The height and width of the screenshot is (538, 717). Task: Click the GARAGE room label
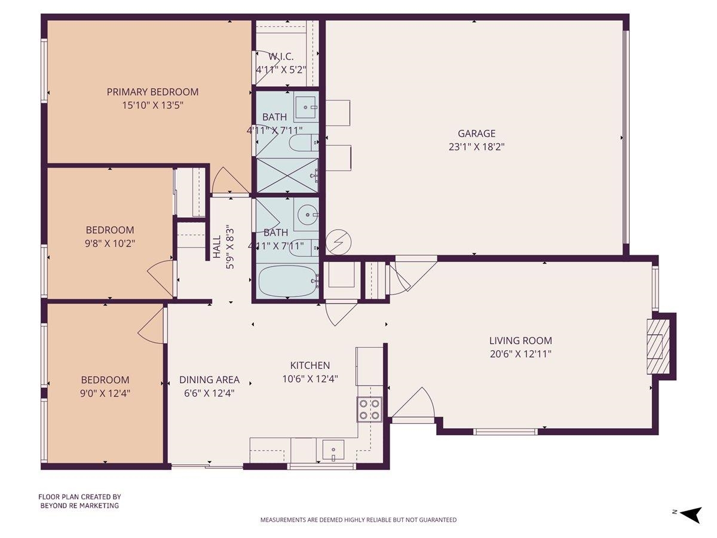pos(476,133)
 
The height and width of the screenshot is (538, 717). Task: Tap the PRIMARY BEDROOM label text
pos(152,92)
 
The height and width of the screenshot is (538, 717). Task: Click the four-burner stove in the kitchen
pos(369,409)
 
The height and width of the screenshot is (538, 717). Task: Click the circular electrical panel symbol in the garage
pos(339,242)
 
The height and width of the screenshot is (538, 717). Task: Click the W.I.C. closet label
pos(280,57)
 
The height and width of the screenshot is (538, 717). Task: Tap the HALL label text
pos(217,247)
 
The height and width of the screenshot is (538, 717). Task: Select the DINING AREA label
pos(209,380)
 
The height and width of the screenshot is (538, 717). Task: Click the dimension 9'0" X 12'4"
pos(106,393)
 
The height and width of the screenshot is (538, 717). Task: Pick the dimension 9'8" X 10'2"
pos(110,243)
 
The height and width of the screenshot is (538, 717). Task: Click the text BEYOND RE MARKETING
pos(79,506)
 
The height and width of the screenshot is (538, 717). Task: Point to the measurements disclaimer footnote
pos(358,520)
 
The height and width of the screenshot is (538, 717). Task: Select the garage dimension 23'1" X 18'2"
pos(476,146)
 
